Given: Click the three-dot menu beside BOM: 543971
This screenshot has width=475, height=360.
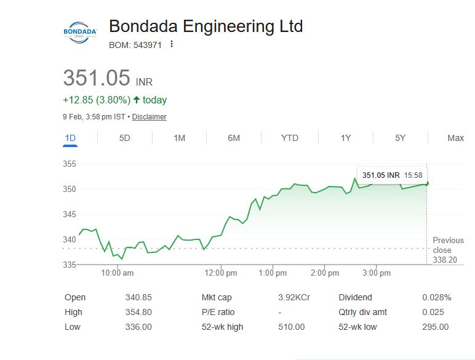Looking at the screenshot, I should (x=172, y=44).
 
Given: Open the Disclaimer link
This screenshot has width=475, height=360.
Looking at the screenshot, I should (x=149, y=117).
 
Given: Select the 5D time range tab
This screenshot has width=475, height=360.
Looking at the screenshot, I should (x=124, y=138).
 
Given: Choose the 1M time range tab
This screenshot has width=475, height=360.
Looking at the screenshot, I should (x=179, y=138).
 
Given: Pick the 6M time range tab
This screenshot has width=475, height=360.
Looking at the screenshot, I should (x=234, y=138).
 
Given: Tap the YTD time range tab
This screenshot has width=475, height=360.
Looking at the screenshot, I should (x=289, y=138).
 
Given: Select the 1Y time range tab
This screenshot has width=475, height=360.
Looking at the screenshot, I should (x=346, y=138).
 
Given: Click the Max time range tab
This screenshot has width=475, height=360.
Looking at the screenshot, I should (x=455, y=138).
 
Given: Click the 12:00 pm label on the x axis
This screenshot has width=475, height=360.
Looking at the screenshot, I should (x=222, y=273).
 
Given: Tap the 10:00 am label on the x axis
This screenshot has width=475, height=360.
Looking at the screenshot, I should (x=118, y=273).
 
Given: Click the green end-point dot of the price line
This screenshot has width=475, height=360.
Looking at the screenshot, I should (x=427, y=183).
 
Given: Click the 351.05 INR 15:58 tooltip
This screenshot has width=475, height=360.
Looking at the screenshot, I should (x=391, y=175).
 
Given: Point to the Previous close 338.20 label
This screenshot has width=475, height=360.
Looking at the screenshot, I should (x=448, y=250).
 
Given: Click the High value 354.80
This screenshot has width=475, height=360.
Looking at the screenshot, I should (x=138, y=312).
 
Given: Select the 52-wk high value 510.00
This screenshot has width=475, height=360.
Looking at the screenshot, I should (x=291, y=327).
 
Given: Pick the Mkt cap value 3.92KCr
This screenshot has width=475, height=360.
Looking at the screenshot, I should (x=293, y=297).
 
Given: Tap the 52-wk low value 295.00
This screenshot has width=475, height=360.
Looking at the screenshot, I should (x=435, y=327).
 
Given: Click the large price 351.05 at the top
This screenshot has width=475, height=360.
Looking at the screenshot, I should (x=97, y=78).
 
